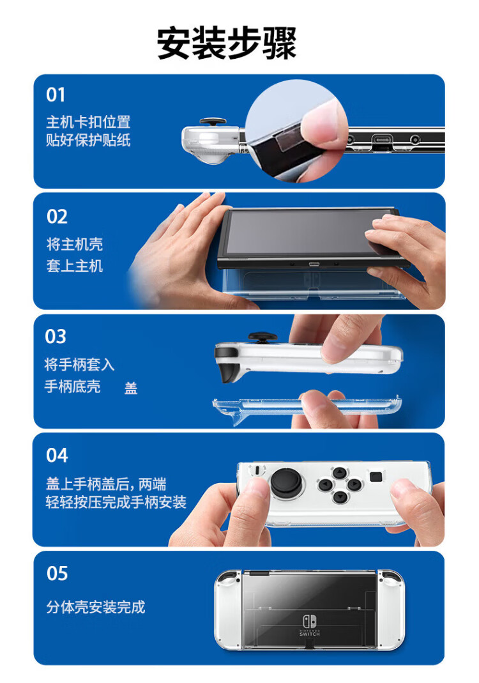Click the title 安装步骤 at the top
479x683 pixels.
227,43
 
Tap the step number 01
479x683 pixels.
56,95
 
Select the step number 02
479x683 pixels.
57,217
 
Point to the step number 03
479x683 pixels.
56,336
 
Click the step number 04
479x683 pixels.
57,456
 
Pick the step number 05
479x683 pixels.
57,573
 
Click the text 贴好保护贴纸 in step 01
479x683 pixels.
88,140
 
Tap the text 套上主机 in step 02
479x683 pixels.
75,266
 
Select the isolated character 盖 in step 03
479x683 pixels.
131,388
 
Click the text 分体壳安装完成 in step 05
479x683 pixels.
95,607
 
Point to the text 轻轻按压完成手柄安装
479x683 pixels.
116,502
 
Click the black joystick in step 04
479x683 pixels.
286,482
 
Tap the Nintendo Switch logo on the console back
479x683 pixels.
310,625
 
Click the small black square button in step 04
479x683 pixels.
376,477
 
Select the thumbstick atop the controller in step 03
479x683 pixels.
262,337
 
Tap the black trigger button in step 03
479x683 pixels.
229,370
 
